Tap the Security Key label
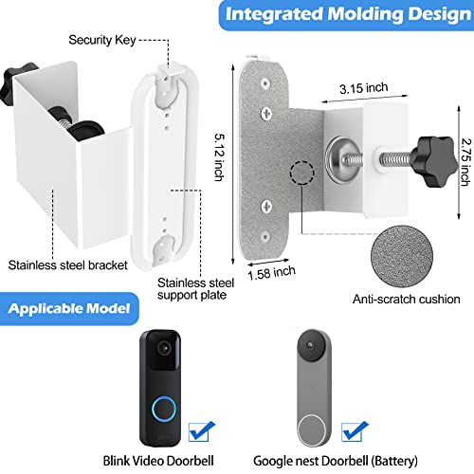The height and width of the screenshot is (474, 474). pos(99,42)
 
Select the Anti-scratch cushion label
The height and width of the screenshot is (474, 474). pos(407,300)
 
